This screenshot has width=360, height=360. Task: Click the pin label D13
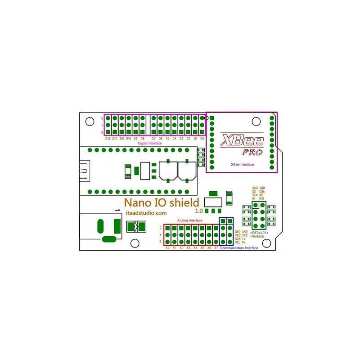pos(108,139)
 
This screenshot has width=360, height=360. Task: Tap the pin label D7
pos(153,139)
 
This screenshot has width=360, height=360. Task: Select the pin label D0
pos(202,139)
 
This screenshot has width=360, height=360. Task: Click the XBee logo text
pos(238,139)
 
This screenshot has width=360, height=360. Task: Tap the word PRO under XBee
pos(252,152)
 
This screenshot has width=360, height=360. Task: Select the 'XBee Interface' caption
pos(242,165)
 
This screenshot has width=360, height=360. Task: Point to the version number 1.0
pos(199,211)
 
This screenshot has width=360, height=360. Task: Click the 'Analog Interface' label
pos(189,220)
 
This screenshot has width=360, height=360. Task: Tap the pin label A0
pos(167,248)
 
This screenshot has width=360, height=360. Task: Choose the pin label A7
pos(216,248)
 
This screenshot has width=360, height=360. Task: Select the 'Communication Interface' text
pos(239,248)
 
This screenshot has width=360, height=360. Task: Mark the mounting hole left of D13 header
pos(90,121)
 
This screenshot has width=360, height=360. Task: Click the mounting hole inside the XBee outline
pos(256,121)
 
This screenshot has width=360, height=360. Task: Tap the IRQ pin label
pos(261,198)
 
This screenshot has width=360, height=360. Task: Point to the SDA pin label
pos(238,239)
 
